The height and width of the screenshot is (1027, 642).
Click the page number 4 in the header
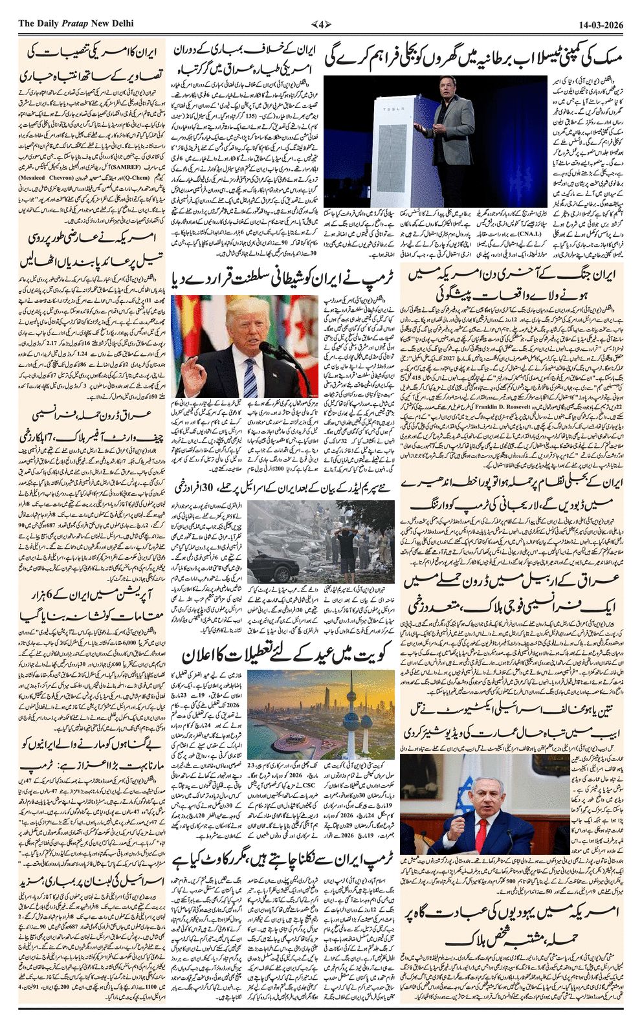point(321,23)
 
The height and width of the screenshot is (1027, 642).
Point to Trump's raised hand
point(196,373)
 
